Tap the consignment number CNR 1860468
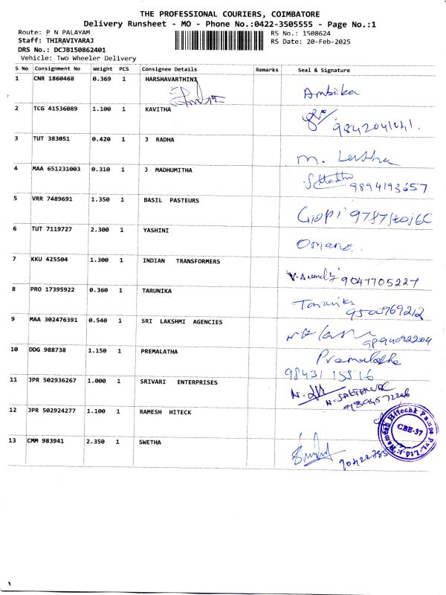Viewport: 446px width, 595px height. [54, 78]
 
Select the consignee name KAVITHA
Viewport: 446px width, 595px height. [158, 109]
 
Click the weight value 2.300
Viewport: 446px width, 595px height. [101, 230]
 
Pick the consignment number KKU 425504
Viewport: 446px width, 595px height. [51, 260]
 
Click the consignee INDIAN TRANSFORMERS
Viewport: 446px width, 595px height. [181, 261]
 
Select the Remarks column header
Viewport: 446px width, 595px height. [266, 69]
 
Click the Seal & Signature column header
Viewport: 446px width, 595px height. [323, 69]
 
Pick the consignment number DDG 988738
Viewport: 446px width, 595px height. [50, 350]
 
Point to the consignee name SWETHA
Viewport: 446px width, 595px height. [150, 441]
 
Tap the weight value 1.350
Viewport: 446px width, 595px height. [101, 199]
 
